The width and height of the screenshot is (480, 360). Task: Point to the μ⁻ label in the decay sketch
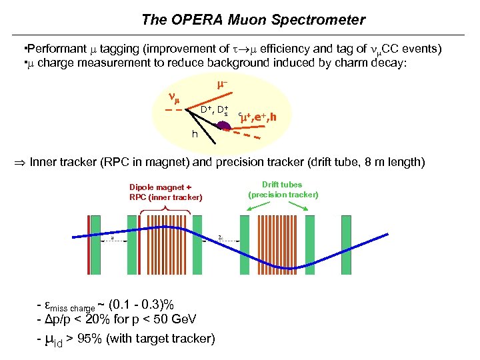223,85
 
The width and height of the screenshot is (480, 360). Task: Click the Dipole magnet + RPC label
165,192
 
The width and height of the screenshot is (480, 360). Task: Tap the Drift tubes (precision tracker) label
283,189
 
